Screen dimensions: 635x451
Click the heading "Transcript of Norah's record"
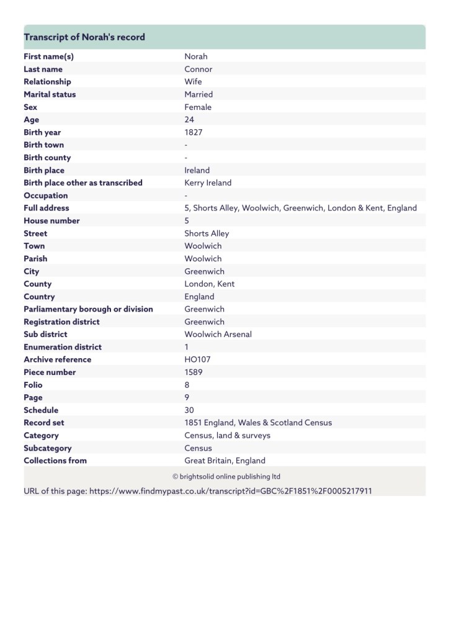84,37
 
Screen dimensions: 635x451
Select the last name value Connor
198,70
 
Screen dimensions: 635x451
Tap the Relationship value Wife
193,82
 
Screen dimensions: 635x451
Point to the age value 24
189,120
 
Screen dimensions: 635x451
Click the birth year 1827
194,132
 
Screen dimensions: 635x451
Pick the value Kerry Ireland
208,183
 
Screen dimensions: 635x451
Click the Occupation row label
46,196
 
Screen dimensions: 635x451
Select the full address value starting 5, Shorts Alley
300,208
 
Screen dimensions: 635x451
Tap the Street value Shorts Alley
207,233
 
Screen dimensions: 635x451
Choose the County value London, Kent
209,284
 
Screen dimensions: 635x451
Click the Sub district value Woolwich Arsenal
218,335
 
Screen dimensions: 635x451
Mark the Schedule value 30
189,410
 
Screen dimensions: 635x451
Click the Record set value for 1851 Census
258,423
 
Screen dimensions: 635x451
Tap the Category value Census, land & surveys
227,436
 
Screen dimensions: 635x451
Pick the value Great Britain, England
225,461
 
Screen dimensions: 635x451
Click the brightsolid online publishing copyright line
226,477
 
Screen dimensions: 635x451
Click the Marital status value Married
199,94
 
